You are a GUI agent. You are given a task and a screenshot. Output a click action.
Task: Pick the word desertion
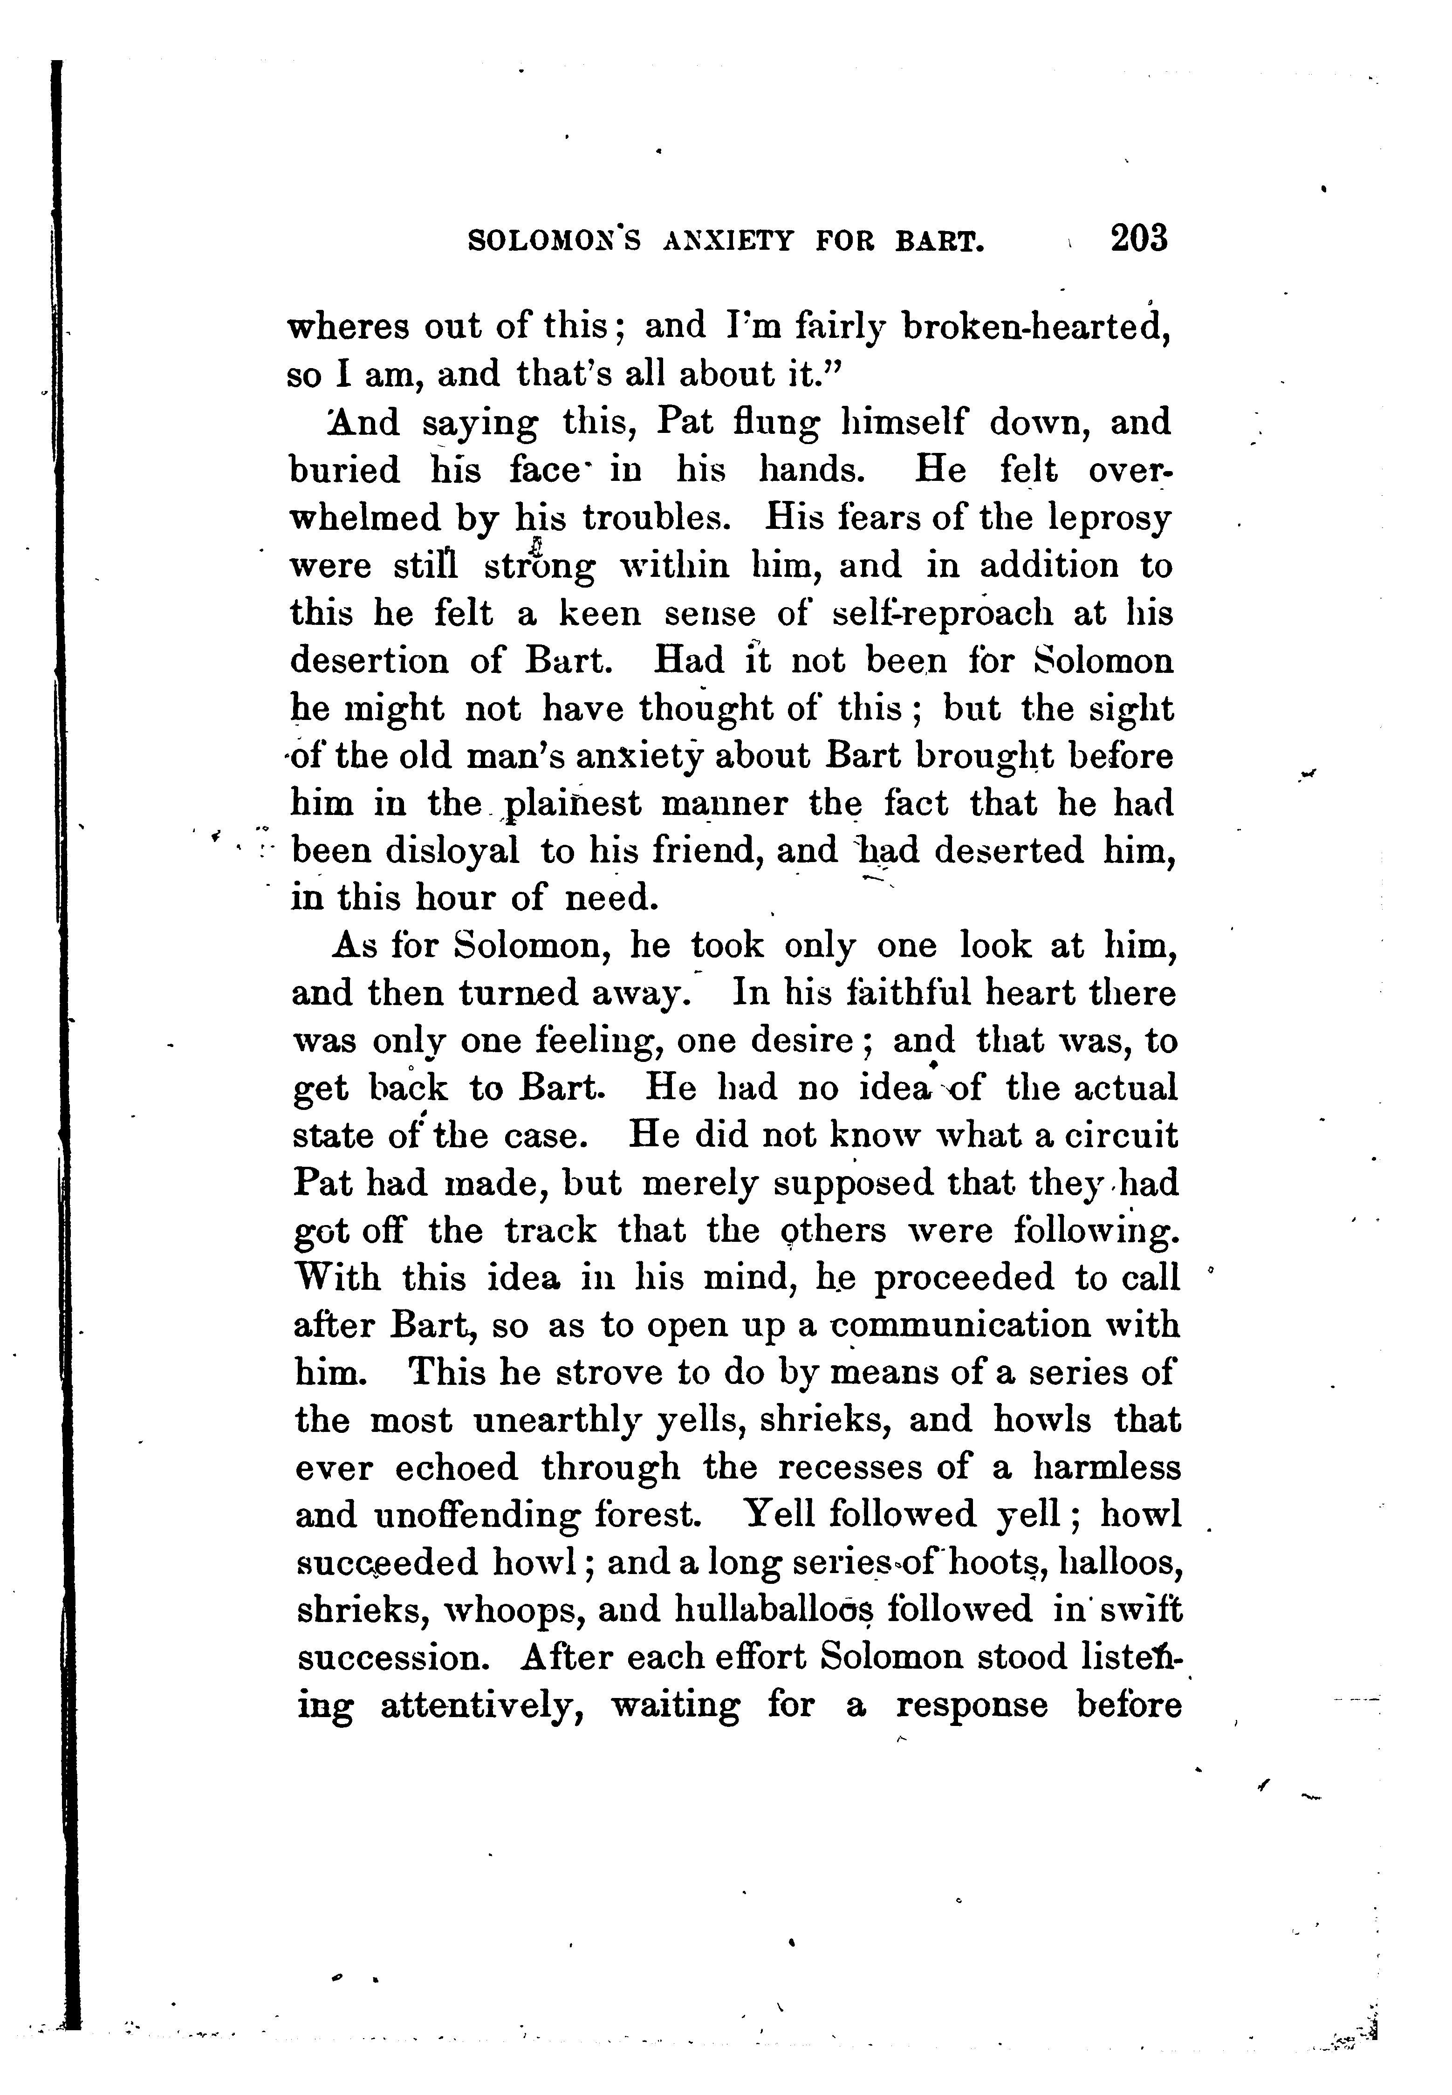pos(369,661)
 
